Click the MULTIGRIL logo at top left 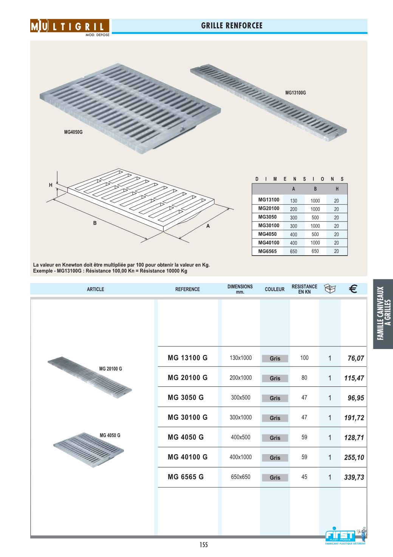coord(70,26)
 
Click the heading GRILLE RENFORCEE coord(232,26)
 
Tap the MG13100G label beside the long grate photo coord(295,93)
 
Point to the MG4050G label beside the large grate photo coord(73,132)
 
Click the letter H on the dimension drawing coord(51,185)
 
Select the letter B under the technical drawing coord(95,223)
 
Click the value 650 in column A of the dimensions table coord(294,251)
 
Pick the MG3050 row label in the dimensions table coord(268,217)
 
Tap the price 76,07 coord(356,358)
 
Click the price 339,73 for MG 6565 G coord(354,478)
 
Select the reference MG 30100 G coord(187,417)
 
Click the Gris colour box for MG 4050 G coord(275,438)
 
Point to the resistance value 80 coord(304,378)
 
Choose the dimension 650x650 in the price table coord(241,477)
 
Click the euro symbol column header coord(353,289)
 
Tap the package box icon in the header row coord(330,289)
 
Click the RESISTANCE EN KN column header coord(304,289)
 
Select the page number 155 coord(204,545)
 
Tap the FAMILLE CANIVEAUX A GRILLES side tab coord(383,313)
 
